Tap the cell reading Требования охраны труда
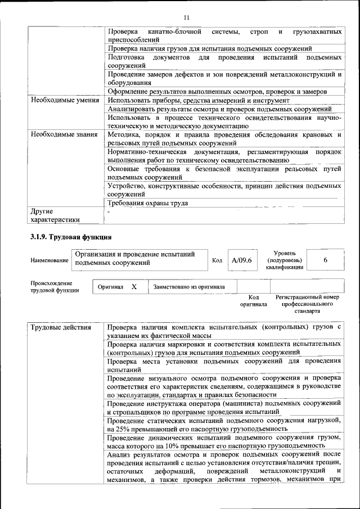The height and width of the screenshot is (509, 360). click(x=148, y=203)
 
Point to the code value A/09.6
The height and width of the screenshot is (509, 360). click(x=242, y=260)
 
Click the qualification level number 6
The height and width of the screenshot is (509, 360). click(x=325, y=260)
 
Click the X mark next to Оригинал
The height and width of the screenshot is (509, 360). click(x=134, y=286)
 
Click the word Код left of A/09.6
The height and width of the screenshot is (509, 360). click(x=217, y=261)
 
